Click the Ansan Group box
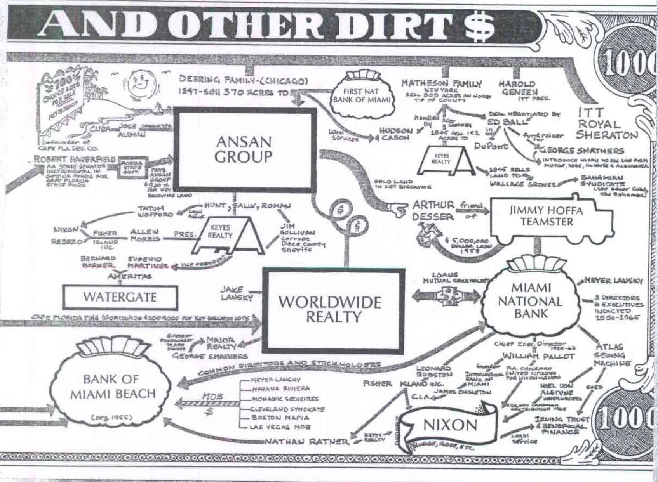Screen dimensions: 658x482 pyautogui.click(x=244, y=150)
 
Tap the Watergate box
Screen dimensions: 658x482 pyautogui.click(x=120, y=297)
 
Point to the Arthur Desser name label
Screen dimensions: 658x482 pyautogui.click(x=433, y=210)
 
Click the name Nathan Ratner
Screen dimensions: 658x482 pyautogui.click(x=306, y=441)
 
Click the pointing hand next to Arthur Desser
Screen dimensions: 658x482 pyautogui.click(x=397, y=210)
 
